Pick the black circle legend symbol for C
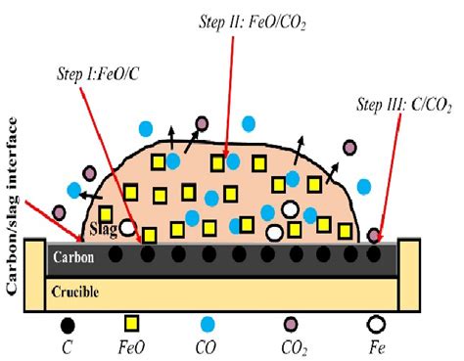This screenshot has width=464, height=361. pyautogui.click(x=68, y=325)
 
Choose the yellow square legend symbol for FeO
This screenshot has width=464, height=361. pyautogui.click(x=131, y=324)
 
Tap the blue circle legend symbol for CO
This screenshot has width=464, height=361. pyautogui.click(x=207, y=324)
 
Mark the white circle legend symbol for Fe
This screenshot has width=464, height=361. pyautogui.click(x=377, y=324)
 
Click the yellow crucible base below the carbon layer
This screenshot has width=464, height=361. pyautogui.click(x=225, y=292)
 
